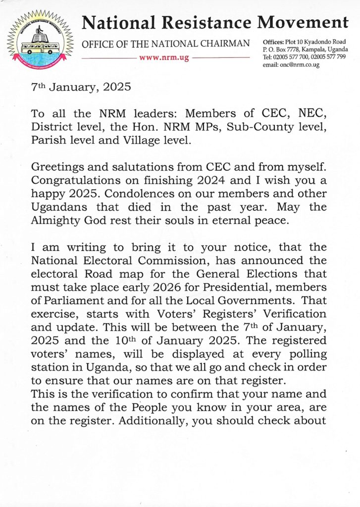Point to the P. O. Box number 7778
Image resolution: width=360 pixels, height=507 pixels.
pos(289,50)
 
